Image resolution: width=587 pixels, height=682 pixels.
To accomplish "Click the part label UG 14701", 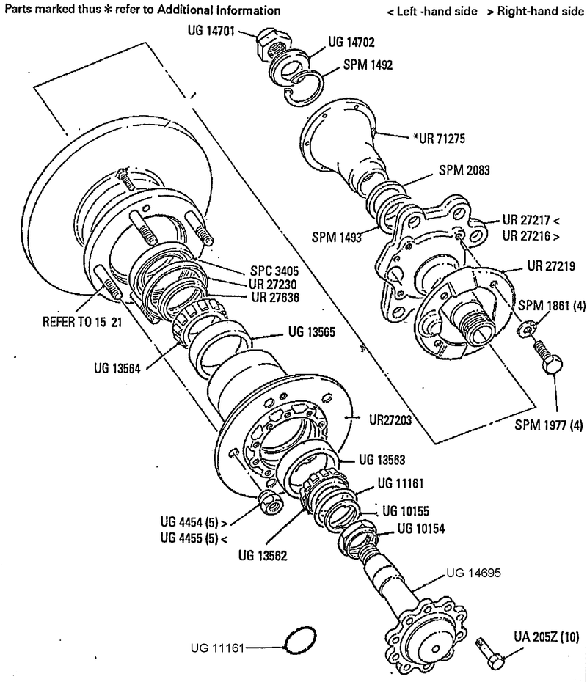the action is pyautogui.click(x=211, y=31).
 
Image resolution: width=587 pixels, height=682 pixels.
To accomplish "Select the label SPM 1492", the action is pyautogui.click(x=368, y=65).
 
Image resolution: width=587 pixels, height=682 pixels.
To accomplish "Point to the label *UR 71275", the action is pyautogui.click(x=439, y=139).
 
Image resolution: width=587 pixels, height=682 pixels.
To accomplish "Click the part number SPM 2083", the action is pyautogui.click(x=464, y=170).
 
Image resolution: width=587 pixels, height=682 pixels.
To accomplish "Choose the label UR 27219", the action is pyautogui.click(x=551, y=265).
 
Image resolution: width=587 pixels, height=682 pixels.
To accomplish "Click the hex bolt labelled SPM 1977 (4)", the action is pyautogui.click(x=548, y=357).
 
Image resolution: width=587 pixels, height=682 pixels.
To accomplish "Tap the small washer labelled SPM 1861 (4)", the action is pyautogui.click(x=525, y=330).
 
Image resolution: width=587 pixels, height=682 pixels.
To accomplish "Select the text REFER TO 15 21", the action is pyautogui.click(x=82, y=322).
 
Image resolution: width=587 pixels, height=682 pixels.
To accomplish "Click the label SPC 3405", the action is pyautogui.click(x=274, y=271).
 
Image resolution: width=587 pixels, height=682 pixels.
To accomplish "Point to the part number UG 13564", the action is pyautogui.click(x=117, y=368).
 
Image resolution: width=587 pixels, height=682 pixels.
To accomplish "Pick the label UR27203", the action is pyautogui.click(x=390, y=420).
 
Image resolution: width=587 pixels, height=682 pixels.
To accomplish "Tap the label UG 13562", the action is pyautogui.click(x=263, y=555).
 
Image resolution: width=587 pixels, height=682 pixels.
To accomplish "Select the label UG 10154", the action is pyautogui.click(x=420, y=529).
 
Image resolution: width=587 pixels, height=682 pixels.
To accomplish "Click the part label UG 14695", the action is pyautogui.click(x=473, y=573).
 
